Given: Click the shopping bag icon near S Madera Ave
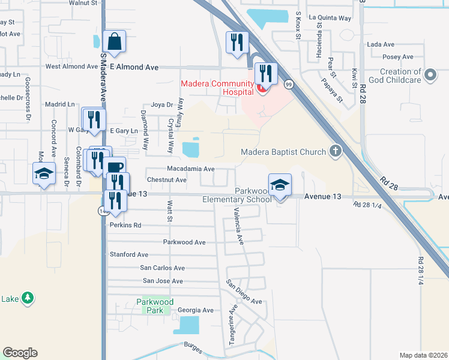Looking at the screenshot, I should tap(114, 42).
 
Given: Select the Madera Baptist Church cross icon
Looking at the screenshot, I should tap(336, 152).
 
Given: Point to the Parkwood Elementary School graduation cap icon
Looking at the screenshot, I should tap(280, 185).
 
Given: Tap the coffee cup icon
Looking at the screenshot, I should tap(115, 168).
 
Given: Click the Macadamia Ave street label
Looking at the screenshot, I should tap(190, 169).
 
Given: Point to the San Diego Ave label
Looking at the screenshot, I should tap(244, 292).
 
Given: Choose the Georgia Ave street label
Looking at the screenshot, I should tap(196, 310).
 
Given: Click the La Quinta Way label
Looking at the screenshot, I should tap(330, 18).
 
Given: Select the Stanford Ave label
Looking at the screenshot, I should tap(129, 254).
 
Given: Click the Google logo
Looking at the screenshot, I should tap(20, 353).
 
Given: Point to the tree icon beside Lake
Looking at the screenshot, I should tap(26, 298).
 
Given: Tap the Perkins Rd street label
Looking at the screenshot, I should tap(125, 226).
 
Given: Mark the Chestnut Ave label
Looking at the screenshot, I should tap(167, 179).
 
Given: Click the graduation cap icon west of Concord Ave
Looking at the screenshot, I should tap(44, 173).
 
